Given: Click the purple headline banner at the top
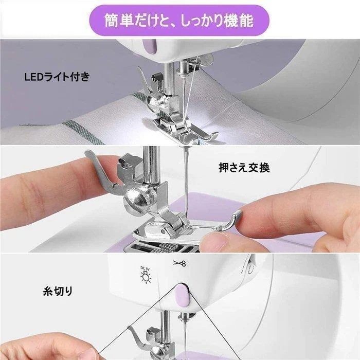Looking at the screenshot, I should (x=179, y=20).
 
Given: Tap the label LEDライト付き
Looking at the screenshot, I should (x=57, y=77).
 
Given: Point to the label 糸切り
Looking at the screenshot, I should (x=58, y=291).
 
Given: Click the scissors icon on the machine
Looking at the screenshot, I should (x=178, y=263).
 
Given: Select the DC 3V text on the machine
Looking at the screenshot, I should (x=145, y=267).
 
